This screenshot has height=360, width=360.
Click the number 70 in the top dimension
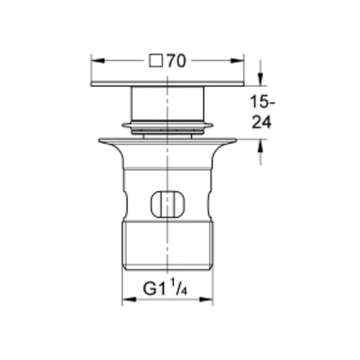pyautogui.click(x=176, y=61)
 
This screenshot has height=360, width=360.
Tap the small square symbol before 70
pyautogui.click(x=156, y=61)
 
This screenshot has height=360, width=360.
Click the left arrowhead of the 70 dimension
pyautogui.click(x=98, y=61)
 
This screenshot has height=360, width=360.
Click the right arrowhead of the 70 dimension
pyautogui.click(x=237, y=60)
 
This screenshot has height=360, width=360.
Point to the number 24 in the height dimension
pyautogui.click(x=261, y=122)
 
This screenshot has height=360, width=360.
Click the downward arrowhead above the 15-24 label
pyautogui.click(x=260, y=79)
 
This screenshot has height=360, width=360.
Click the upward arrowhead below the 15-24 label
pyautogui.click(x=260, y=145)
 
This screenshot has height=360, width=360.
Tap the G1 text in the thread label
pyautogui.click(x=154, y=289)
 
